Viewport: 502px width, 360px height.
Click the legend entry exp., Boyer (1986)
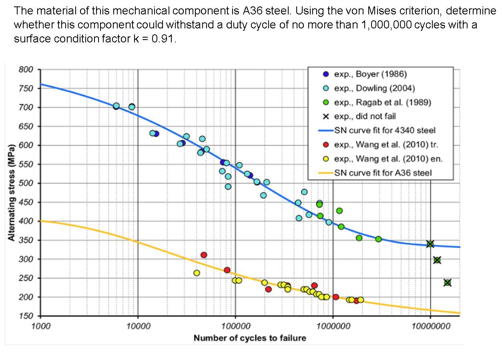tap(370, 74)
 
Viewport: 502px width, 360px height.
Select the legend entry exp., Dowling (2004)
tap(374, 88)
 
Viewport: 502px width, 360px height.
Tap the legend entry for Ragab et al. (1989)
tap(382, 102)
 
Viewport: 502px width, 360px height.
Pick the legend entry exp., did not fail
tap(365, 116)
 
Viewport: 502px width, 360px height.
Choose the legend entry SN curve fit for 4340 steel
tap(384, 130)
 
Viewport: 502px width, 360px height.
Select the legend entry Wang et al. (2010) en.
tap(388, 159)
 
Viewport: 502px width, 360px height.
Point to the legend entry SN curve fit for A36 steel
tap(383, 173)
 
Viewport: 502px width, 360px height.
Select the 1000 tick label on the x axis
tap(41, 326)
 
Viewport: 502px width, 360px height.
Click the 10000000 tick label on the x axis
tap(430, 326)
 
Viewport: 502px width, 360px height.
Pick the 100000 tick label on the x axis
tap(235, 326)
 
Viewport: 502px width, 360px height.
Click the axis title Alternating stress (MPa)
tap(12, 192)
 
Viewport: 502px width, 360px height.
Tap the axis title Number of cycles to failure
tap(250, 338)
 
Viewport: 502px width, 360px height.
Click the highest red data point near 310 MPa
tap(204, 255)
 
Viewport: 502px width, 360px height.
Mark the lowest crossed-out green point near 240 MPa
tap(448, 283)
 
